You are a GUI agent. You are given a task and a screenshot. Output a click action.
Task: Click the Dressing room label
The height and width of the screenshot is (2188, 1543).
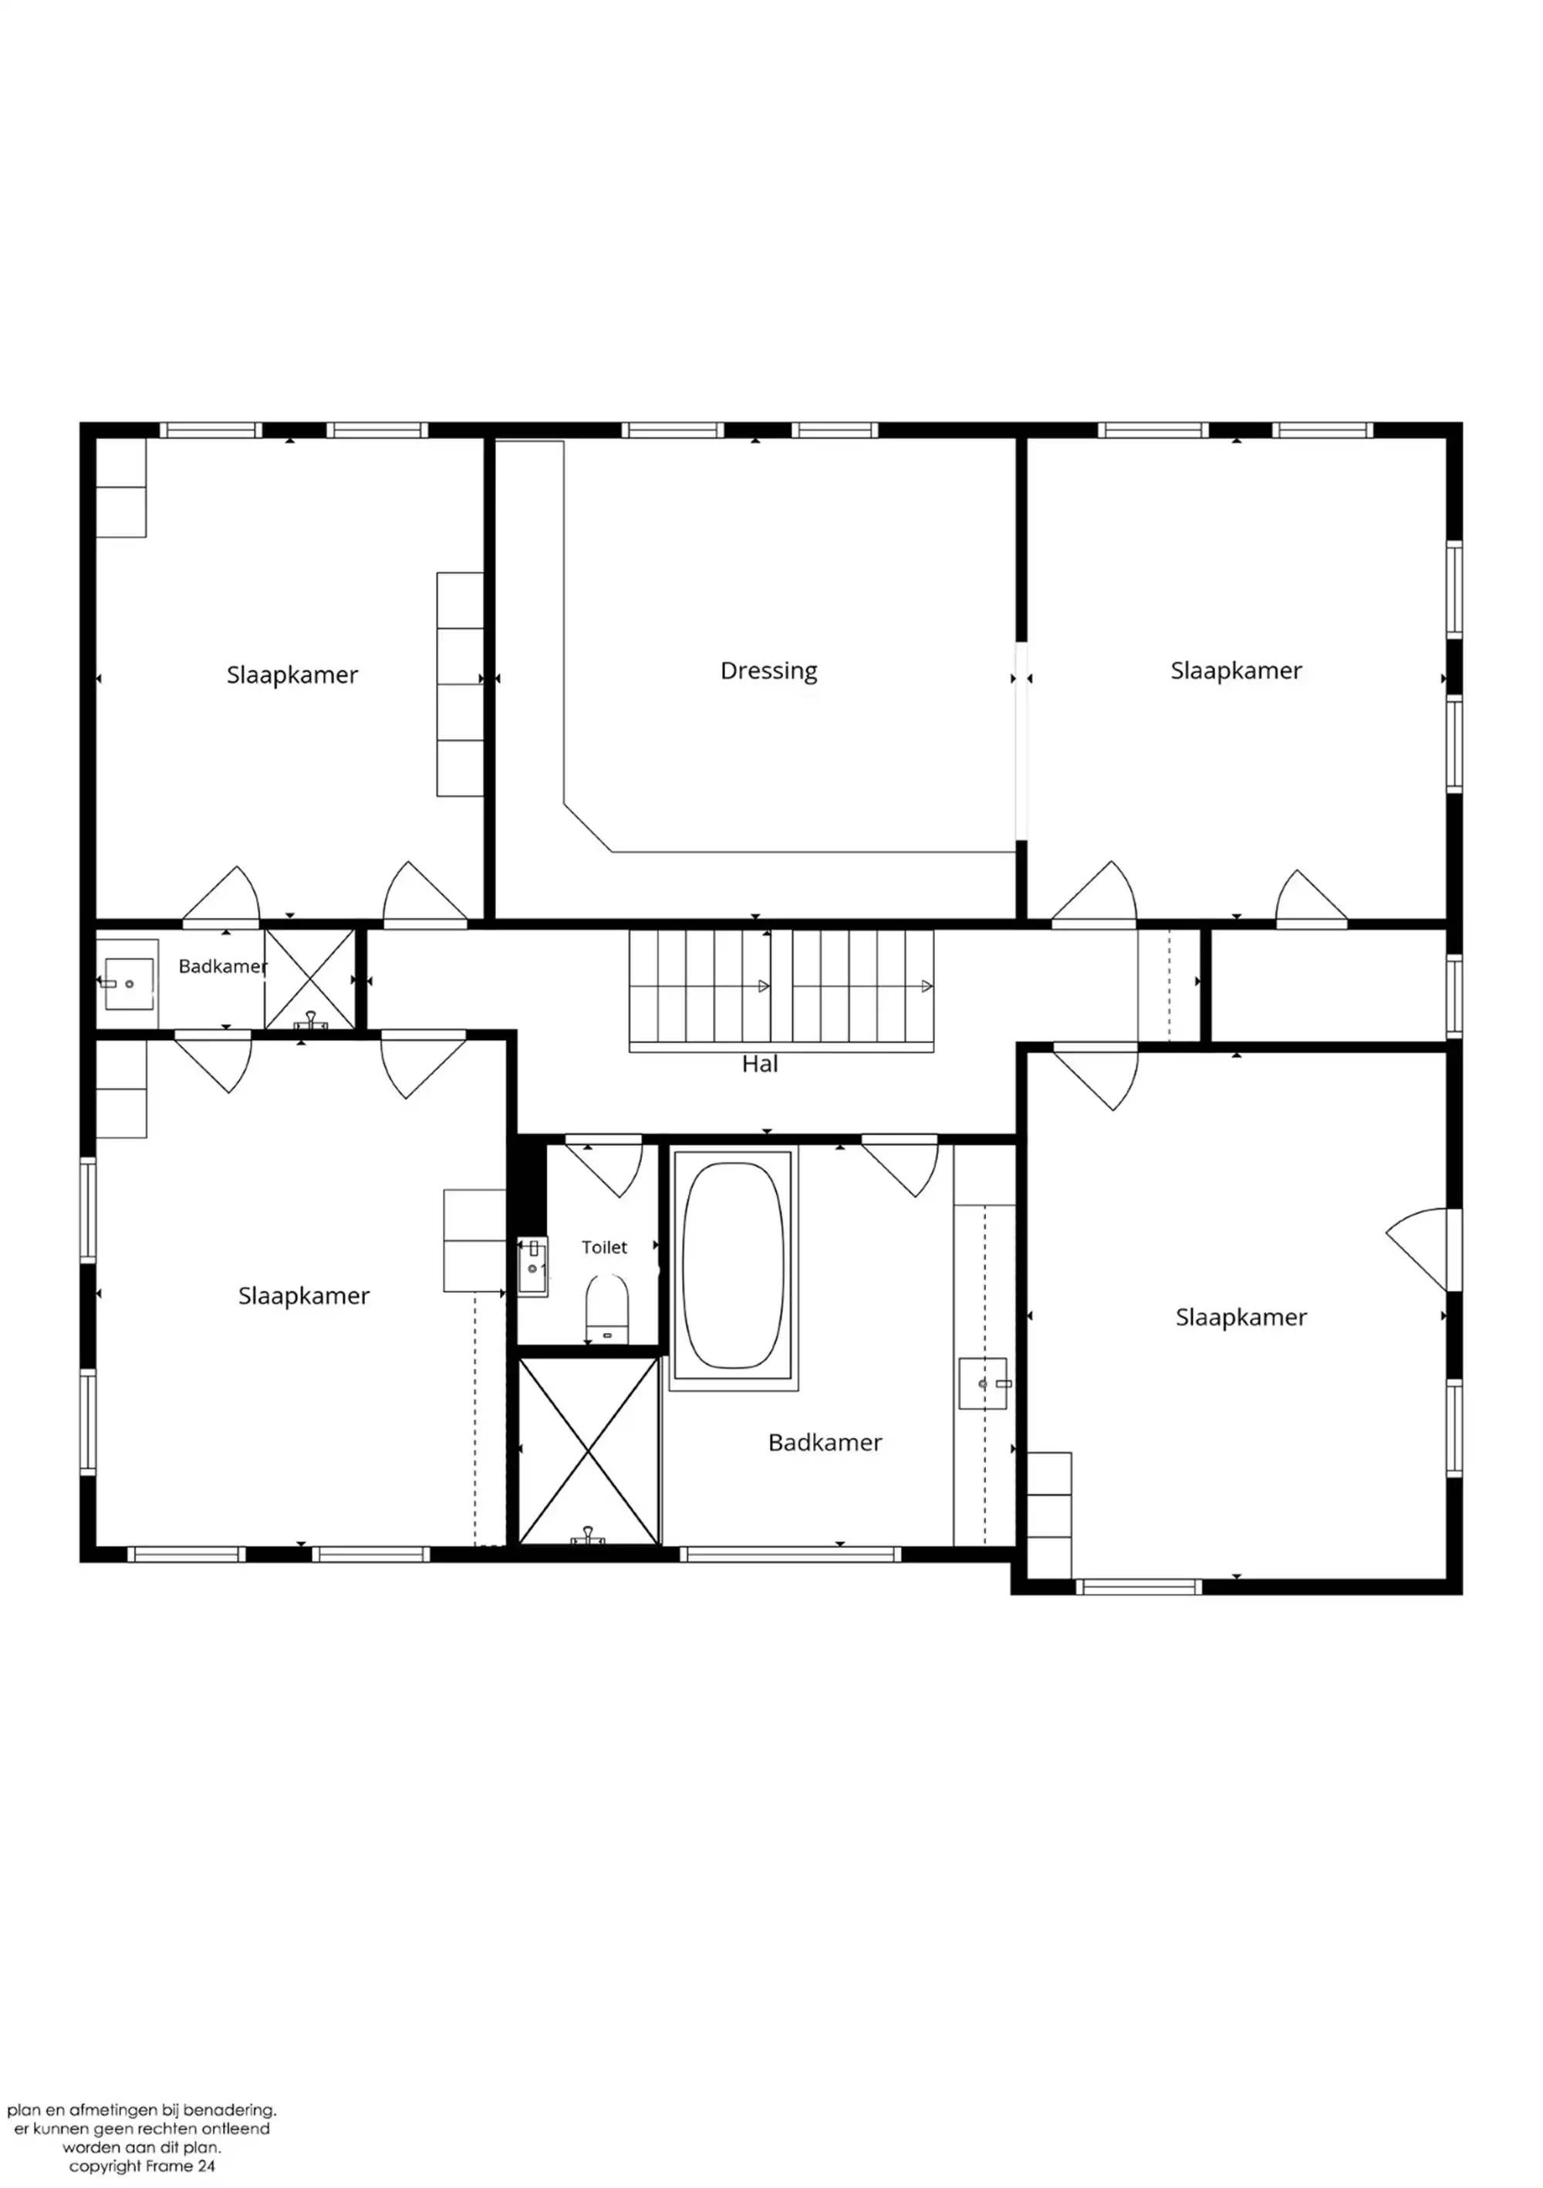pos(768,671)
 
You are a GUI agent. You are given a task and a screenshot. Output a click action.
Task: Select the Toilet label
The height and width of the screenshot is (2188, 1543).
pos(604,1247)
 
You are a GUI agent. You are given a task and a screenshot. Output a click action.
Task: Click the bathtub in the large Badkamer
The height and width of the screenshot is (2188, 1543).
pos(733,1265)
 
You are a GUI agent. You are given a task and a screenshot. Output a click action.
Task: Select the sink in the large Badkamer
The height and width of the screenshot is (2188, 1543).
pos(983,1383)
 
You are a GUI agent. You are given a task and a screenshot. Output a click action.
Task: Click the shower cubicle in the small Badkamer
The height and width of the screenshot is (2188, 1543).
pos(309,980)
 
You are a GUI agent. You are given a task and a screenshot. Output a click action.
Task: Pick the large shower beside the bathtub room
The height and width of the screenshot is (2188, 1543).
pos(589,1450)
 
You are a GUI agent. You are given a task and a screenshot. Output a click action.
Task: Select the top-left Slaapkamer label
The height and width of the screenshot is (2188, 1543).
pos(292,675)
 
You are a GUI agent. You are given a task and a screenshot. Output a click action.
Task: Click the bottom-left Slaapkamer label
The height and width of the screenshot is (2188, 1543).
pos(303,1295)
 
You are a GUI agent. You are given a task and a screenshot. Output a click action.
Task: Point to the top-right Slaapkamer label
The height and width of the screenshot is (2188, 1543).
pos(1235,671)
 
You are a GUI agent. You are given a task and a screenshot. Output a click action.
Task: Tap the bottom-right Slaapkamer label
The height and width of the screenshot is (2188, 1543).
pos(1241,1317)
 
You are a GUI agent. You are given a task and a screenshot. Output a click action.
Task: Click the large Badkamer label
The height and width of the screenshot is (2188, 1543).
pos(825,1442)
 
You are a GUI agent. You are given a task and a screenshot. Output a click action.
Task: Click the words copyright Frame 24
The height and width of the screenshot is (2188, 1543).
pos(142,2166)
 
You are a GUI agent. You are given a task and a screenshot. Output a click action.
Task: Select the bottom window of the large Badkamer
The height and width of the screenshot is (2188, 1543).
pos(790,1555)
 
